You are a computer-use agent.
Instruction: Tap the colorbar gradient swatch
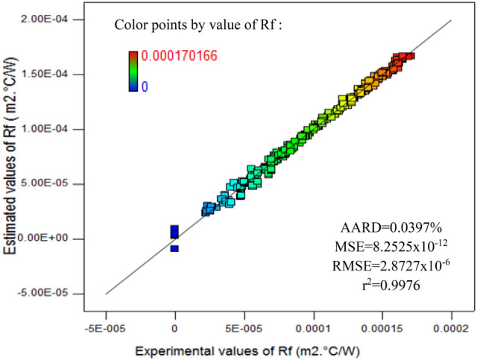point(133,71)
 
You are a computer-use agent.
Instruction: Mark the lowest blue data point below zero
point(174,248)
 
